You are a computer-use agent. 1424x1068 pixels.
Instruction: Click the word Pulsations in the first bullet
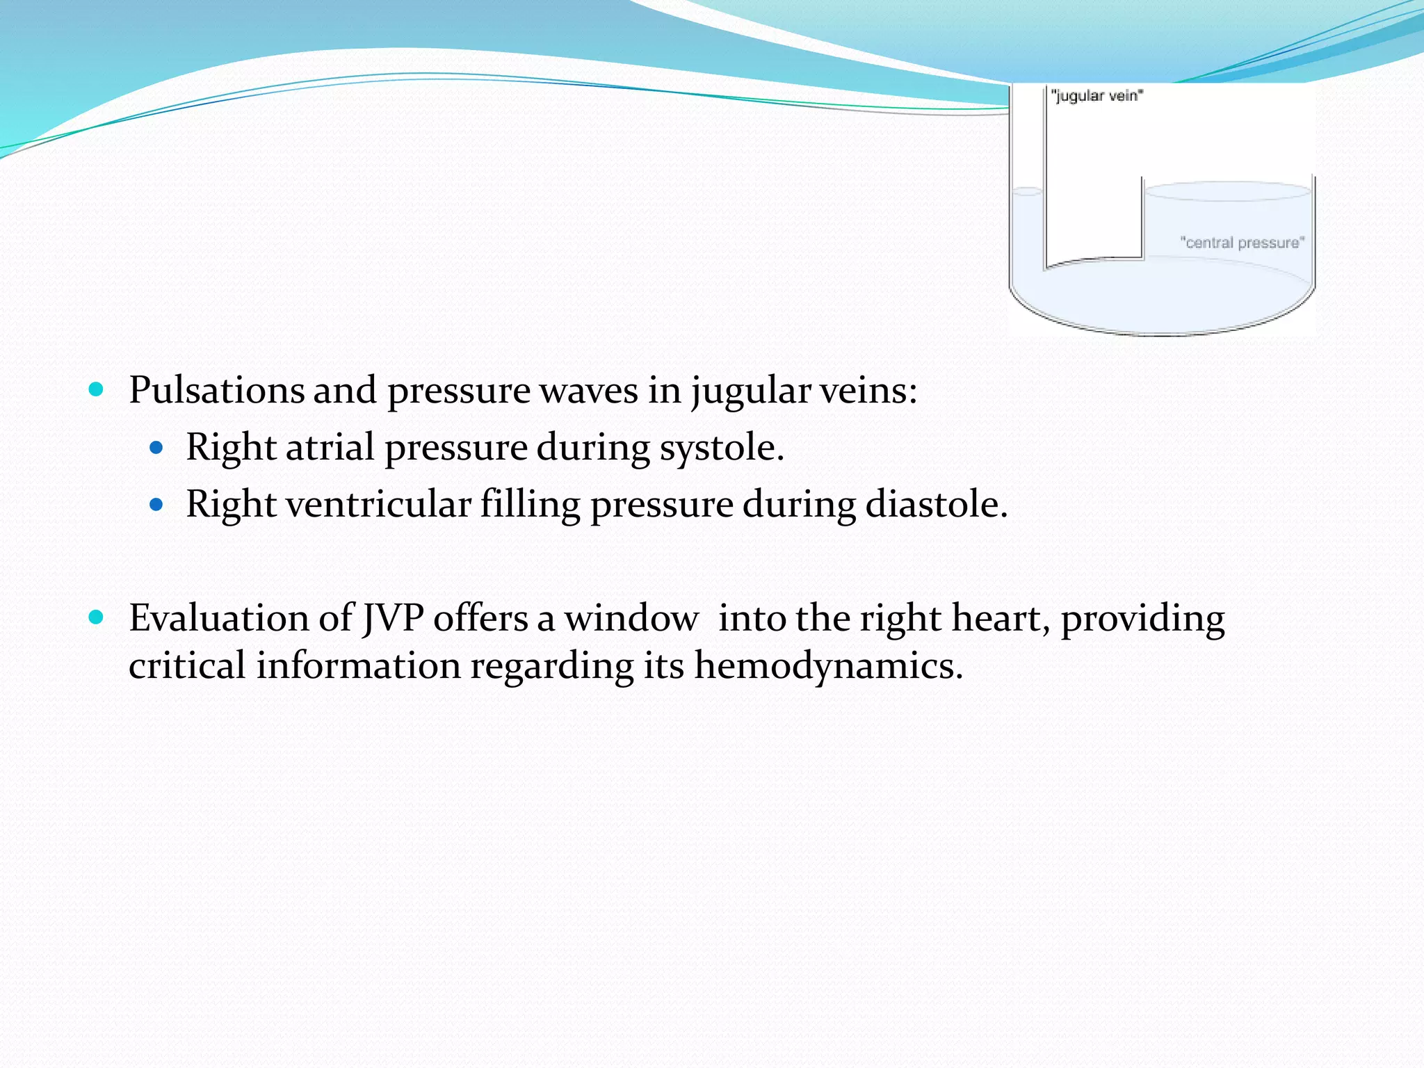[x=216, y=390]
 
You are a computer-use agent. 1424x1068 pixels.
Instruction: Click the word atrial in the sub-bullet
[x=330, y=447]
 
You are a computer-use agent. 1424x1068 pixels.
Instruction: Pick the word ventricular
[x=379, y=504]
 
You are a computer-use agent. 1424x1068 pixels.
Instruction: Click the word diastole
[x=937, y=504]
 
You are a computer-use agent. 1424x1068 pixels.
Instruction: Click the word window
[x=631, y=618]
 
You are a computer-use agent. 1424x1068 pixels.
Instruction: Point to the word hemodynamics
[x=829, y=666]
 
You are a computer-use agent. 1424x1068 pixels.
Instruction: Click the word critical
[x=187, y=666]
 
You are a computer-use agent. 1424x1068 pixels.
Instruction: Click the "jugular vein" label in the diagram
[x=1097, y=96]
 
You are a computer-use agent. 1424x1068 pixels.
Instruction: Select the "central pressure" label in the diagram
[x=1243, y=243]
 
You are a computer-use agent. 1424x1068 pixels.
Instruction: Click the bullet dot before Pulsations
[x=97, y=389]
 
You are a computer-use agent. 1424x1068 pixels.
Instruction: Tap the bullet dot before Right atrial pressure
[x=156, y=447]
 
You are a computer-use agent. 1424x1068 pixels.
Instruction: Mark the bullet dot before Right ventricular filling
[x=156, y=504]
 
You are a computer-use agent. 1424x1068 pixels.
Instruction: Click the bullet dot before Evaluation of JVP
[x=97, y=617]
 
